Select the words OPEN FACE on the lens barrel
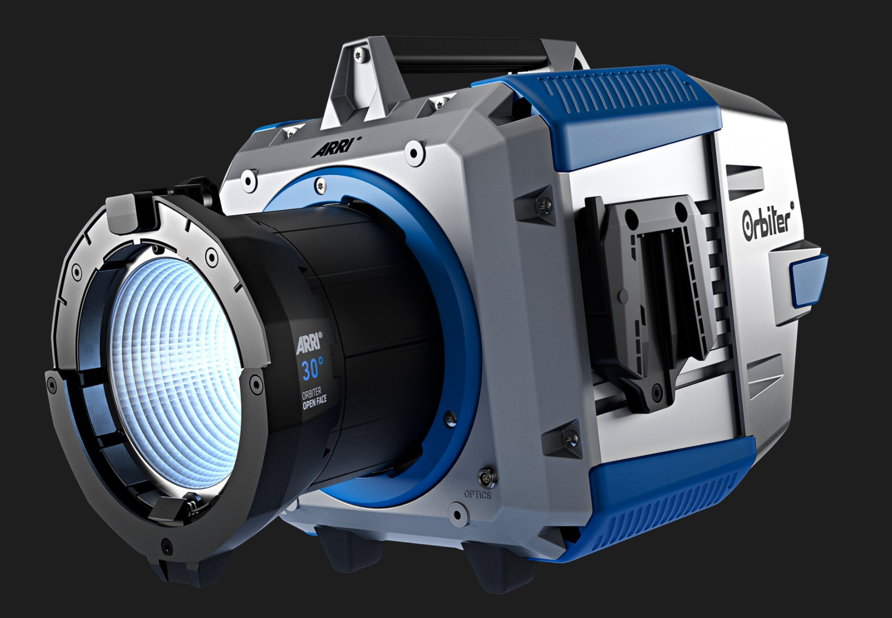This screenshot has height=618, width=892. click(x=315, y=403)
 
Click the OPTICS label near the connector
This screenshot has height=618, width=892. click(x=477, y=494)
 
